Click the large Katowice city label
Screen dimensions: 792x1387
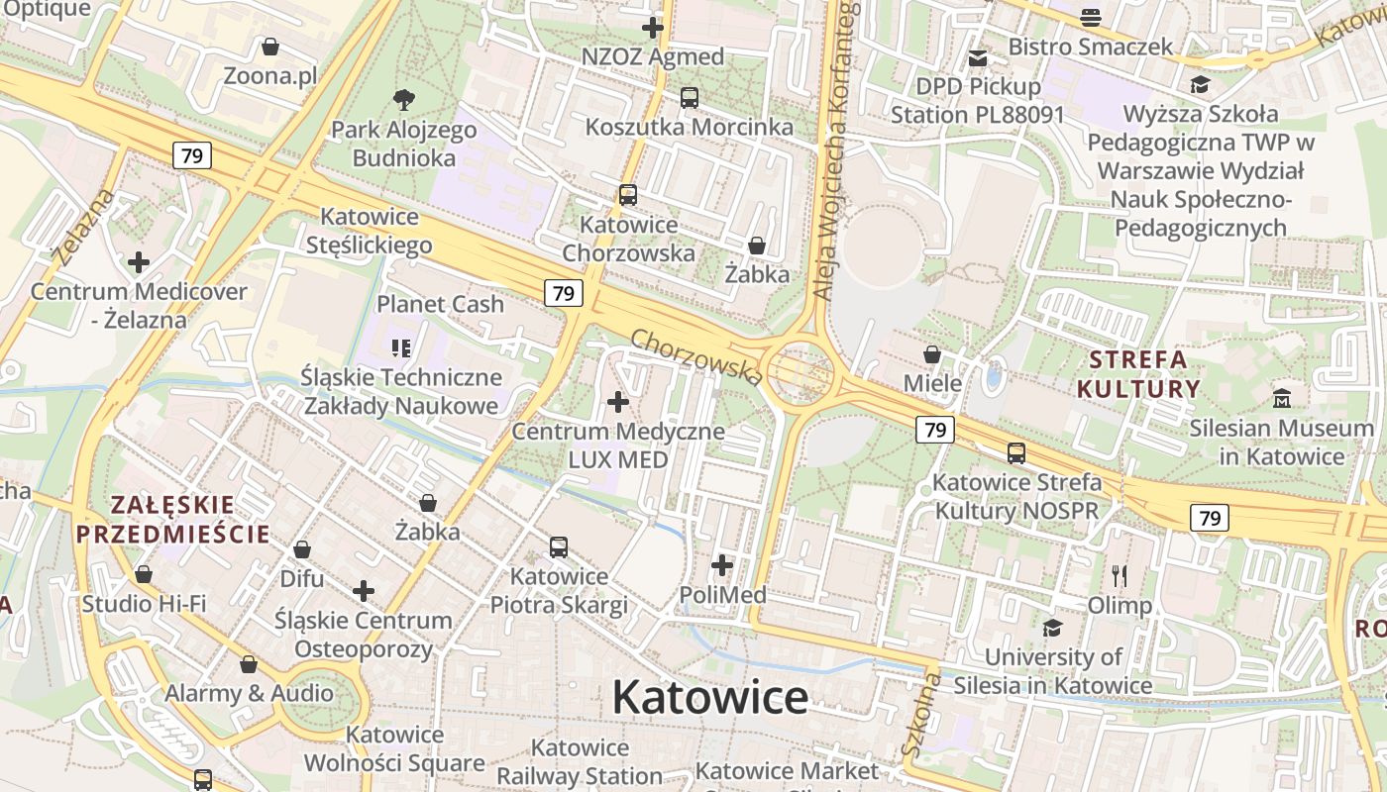click(709, 698)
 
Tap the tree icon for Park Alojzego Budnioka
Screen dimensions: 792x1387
click(403, 99)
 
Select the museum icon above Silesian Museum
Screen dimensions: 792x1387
click(1282, 399)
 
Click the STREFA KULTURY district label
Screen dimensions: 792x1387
click(1137, 373)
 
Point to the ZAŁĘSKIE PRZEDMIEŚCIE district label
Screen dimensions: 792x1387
click(172, 520)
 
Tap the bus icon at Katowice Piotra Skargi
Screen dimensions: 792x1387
click(559, 546)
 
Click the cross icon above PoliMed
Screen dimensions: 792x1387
click(722, 565)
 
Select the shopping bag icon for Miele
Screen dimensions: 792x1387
click(932, 353)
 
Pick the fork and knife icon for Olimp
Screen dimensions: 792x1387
click(1120, 575)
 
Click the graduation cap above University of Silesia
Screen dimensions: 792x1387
click(1052, 628)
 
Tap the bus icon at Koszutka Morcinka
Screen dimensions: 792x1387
click(689, 98)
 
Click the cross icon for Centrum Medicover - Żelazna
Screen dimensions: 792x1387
click(139, 262)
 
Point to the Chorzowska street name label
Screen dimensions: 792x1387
click(696, 356)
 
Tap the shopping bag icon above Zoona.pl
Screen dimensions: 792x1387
click(269, 47)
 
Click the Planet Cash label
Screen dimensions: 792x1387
click(440, 304)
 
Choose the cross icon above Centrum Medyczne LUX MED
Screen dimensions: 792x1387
click(618, 402)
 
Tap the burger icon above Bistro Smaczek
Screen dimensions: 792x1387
click(1091, 17)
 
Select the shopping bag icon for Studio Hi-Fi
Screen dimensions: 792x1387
click(144, 574)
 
